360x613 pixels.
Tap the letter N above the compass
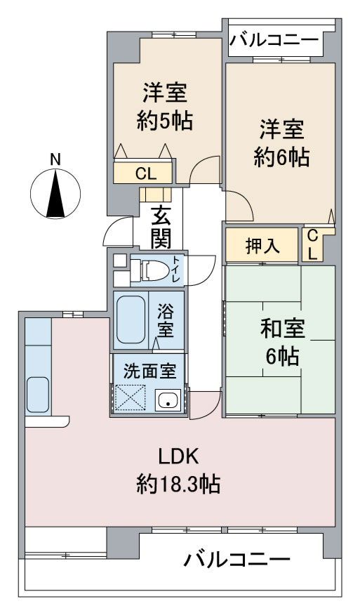pos(55,159)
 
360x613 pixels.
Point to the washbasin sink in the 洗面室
pos(168,400)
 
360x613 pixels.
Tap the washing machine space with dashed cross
pos(129,397)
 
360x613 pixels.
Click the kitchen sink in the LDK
pos(38,395)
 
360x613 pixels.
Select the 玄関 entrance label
pos(161,228)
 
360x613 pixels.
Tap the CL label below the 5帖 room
pos(146,173)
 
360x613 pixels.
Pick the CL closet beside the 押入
pos(313,245)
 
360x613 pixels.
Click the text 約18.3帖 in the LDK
pos(178,485)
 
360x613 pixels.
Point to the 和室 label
pos(282,329)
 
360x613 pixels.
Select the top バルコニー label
pos(274,41)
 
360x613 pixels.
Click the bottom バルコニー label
pos(237,560)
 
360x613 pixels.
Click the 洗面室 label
pos(149,371)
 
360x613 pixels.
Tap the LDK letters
pos(179,456)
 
